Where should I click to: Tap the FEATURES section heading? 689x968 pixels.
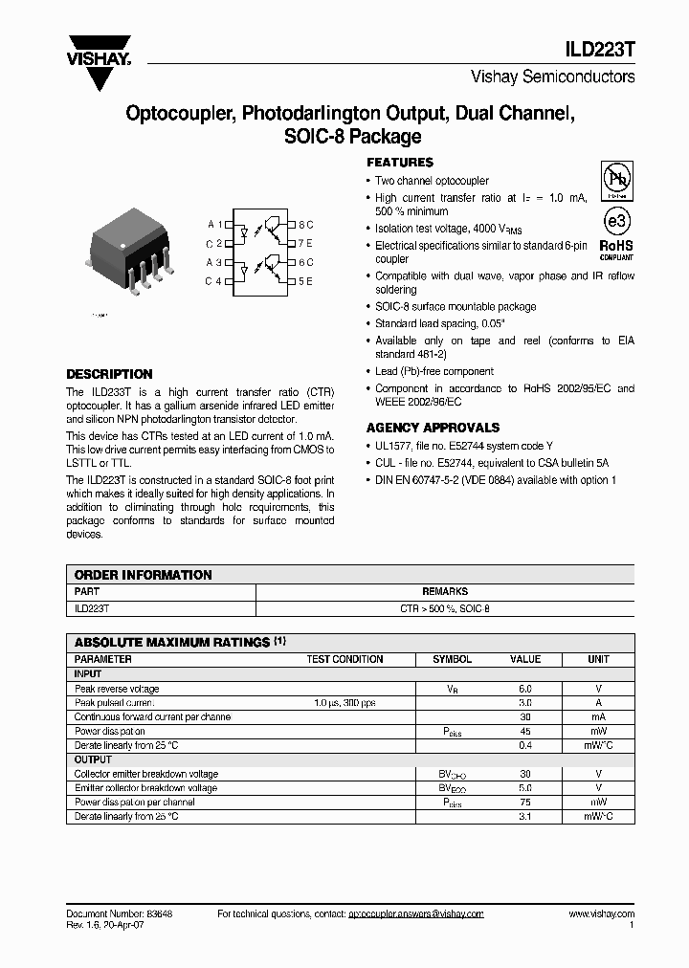(400, 163)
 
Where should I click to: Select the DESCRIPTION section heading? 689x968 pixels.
(109, 374)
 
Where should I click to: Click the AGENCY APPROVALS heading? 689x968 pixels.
(433, 428)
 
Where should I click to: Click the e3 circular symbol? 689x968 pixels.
(616, 221)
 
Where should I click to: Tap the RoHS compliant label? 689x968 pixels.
(616, 249)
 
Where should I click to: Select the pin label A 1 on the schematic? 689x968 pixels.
(214, 224)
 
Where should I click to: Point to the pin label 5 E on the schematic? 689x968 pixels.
(305, 281)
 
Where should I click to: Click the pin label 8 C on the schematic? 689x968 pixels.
(305, 224)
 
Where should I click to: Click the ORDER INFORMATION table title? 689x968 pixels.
(144, 575)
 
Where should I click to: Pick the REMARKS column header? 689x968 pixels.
(445, 592)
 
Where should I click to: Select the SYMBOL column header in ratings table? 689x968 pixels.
(452, 659)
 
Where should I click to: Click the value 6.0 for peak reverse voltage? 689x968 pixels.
(525, 689)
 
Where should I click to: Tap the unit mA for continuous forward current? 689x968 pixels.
(598, 716)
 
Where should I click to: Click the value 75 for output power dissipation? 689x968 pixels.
(525, 803)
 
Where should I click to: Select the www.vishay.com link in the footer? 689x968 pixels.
(601, 914)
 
